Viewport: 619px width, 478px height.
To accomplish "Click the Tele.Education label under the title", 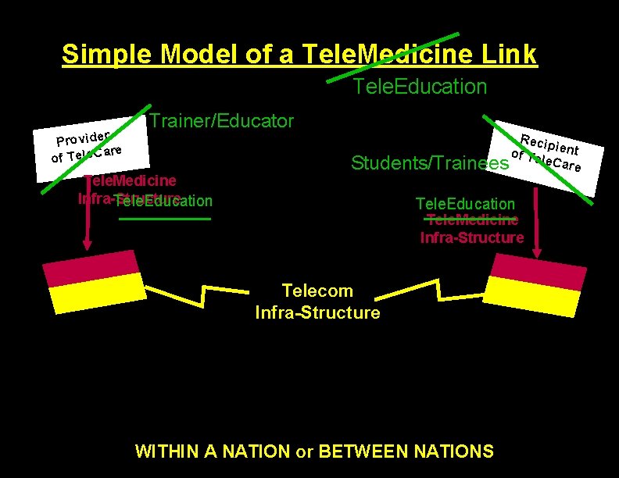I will (x=420, y=87).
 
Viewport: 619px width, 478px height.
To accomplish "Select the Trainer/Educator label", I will (x=221, y=121).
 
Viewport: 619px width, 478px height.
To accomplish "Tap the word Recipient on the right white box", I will (x=550, y=143).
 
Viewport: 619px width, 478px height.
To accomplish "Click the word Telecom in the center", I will (x=317, y=291).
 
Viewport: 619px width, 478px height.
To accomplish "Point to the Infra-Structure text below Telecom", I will (x=317, y=313).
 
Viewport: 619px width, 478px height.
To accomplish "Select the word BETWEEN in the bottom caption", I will (x=352, y=451).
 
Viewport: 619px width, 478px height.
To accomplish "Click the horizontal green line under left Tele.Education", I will (x=165, y=219).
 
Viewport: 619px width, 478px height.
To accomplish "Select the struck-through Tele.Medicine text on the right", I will (x=472, y=221).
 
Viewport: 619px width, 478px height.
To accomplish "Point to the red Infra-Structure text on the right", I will (x=472, y=237).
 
